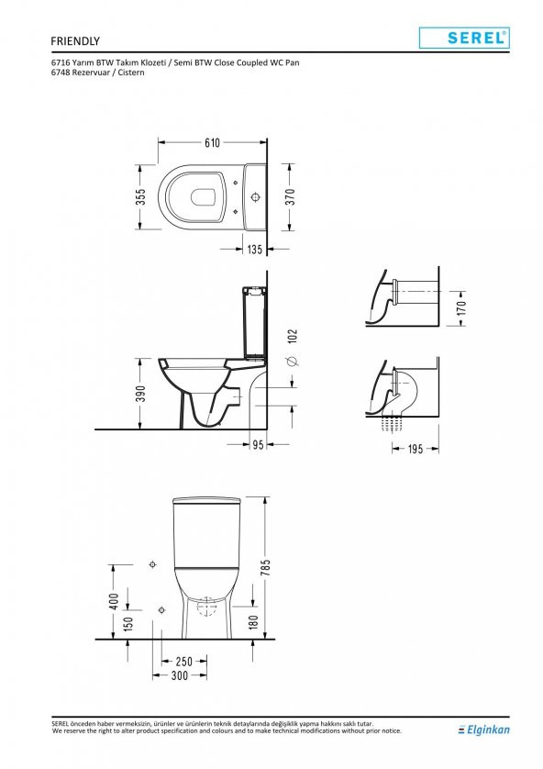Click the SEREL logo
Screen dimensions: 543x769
click(464, 38)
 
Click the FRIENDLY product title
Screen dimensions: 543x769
click(75, 41)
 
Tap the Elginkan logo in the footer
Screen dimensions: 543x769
click(483, 730)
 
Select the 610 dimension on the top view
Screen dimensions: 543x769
click(212, 143)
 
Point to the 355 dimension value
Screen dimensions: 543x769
click(141, 196)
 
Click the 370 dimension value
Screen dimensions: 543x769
click(290, 196)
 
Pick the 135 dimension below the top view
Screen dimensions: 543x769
click(254, 249)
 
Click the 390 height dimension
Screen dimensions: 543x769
click(141, 394)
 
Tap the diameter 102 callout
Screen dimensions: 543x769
click(293, 347)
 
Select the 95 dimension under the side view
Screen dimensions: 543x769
click(258, 445)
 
